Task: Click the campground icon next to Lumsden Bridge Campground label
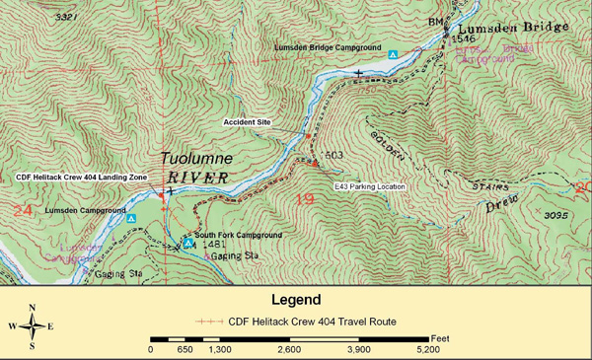394,54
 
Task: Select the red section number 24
23,210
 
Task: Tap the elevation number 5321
67,18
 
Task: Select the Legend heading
296,300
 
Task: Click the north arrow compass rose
33,326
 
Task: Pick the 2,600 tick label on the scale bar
289,349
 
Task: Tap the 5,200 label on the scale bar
428,349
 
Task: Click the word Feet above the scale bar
440,338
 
